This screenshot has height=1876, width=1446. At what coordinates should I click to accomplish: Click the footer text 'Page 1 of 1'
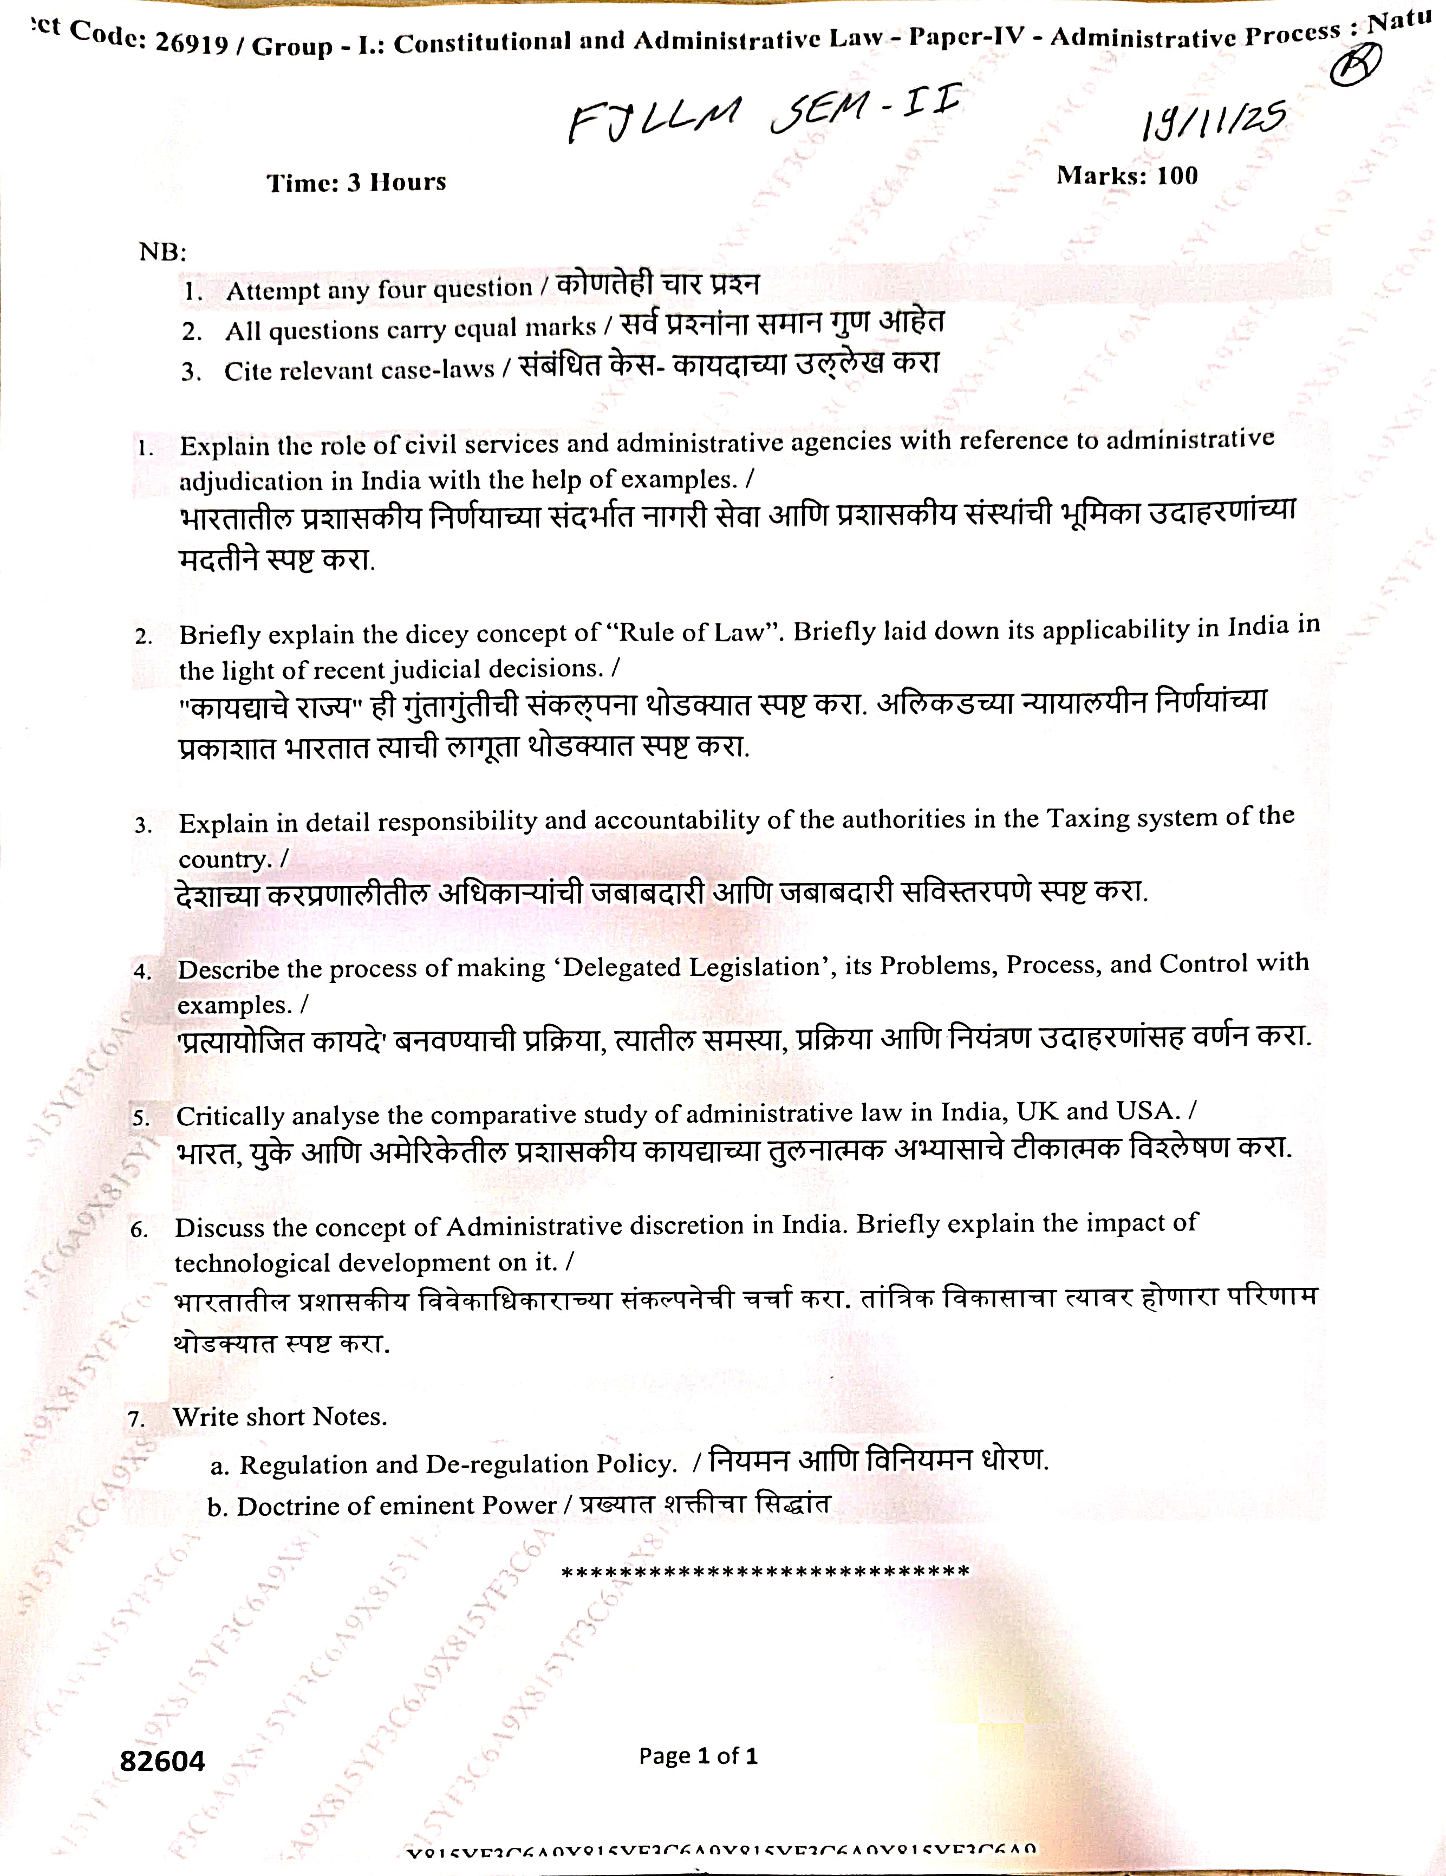(698, 1756)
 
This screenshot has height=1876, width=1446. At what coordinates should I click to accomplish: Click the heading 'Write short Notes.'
(280, 1416)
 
